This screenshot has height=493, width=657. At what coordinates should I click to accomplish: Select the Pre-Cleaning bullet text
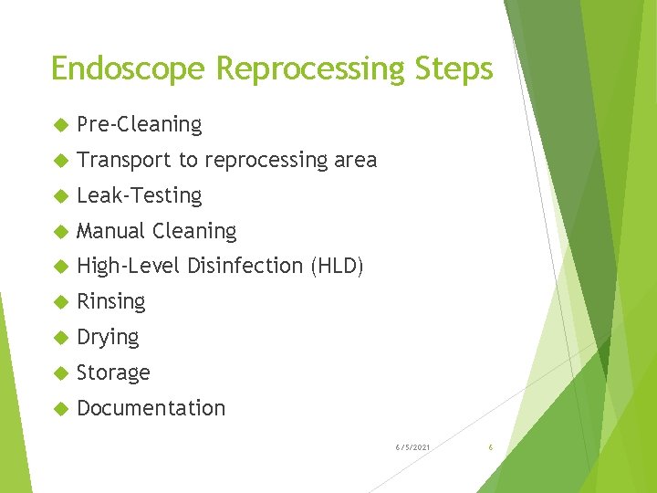(140, 124)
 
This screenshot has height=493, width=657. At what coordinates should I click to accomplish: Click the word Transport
(124, 160)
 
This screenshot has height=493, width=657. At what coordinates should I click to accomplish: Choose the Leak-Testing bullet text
(140, 195)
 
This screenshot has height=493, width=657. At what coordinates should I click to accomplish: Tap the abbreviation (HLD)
(337, 266)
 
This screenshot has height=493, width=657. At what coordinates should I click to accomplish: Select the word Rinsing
(111, 301)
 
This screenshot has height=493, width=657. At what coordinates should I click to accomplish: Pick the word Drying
(109, 337)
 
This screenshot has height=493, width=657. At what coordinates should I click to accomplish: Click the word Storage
(114, 372)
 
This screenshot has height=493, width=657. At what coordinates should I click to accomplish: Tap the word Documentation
(151, 408)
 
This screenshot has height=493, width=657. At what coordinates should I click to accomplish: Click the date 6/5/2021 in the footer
(413, 446)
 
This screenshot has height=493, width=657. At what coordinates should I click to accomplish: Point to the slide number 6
(491, 446)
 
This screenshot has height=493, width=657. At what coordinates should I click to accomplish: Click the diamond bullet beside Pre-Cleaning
(60, 125)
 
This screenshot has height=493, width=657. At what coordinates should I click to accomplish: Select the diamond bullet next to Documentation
(60, 409)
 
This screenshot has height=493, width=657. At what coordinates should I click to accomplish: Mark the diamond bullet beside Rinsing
(60, 302)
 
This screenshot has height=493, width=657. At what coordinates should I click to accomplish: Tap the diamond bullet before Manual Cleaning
(60, 232)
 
